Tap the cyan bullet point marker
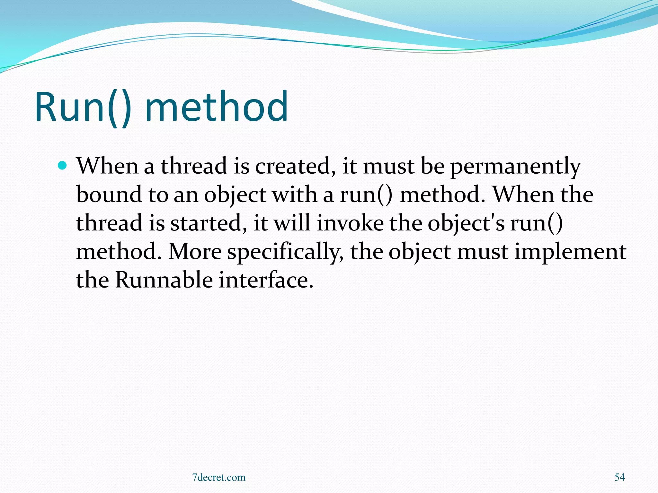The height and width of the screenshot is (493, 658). pyautogui.click(x=63, y=166)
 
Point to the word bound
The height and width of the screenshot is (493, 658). pyautogui.click(x=109, y=195)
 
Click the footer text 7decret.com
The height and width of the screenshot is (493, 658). pyautogui.click(x=219, y=477)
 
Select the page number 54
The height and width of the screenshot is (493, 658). pyautogui.click(x=619, y=477)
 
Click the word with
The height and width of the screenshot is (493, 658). pyautogui.click(x=295, y=195)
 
